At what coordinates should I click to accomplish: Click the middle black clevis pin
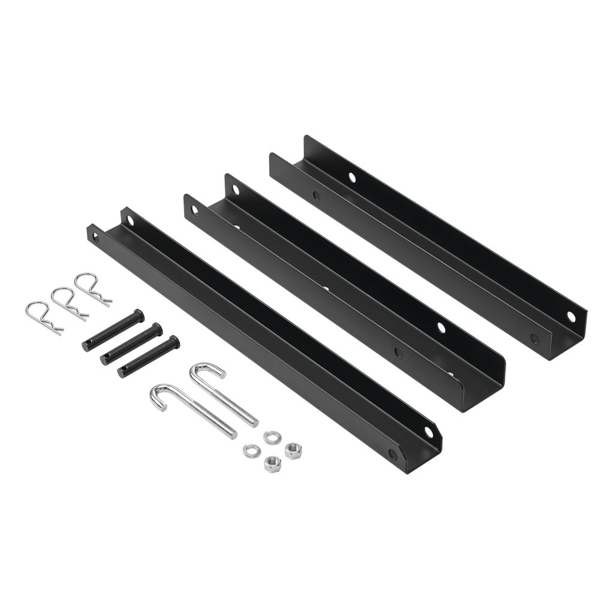[x=131, y=344]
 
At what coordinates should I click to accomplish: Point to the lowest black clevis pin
[x=148, y=357]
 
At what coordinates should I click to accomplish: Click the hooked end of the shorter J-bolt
[x=207, y=371]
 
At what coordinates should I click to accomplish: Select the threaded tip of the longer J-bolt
[x=231, y=433]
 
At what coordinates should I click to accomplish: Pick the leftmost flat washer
[x=251, y=450]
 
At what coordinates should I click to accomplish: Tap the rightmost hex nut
[x=293, y=450]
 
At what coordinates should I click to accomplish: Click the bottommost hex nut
[x=272, y=463]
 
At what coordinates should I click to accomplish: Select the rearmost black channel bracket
[x=429, y=246]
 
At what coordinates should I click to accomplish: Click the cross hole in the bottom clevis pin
[x=122, y=372]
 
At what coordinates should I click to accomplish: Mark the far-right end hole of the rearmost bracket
[x=570, y=316]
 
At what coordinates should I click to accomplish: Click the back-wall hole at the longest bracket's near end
[x=428, y=432]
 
